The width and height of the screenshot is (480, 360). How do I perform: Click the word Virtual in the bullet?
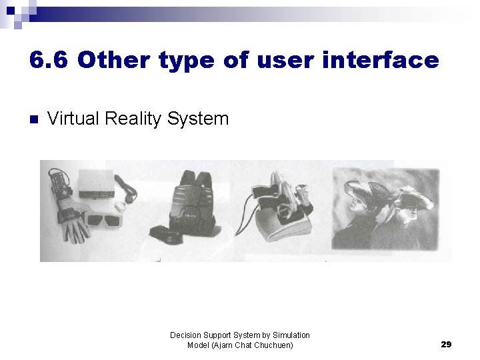pos(75,119)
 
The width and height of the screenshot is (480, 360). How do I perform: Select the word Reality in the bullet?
pos(134,119)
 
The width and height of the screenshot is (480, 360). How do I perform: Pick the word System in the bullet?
pos(198,119)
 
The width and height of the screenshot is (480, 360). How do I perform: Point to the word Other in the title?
pos(114,60)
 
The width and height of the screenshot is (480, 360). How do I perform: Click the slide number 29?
pos(446,344)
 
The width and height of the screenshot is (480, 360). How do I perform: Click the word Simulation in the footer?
pos(288,335)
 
